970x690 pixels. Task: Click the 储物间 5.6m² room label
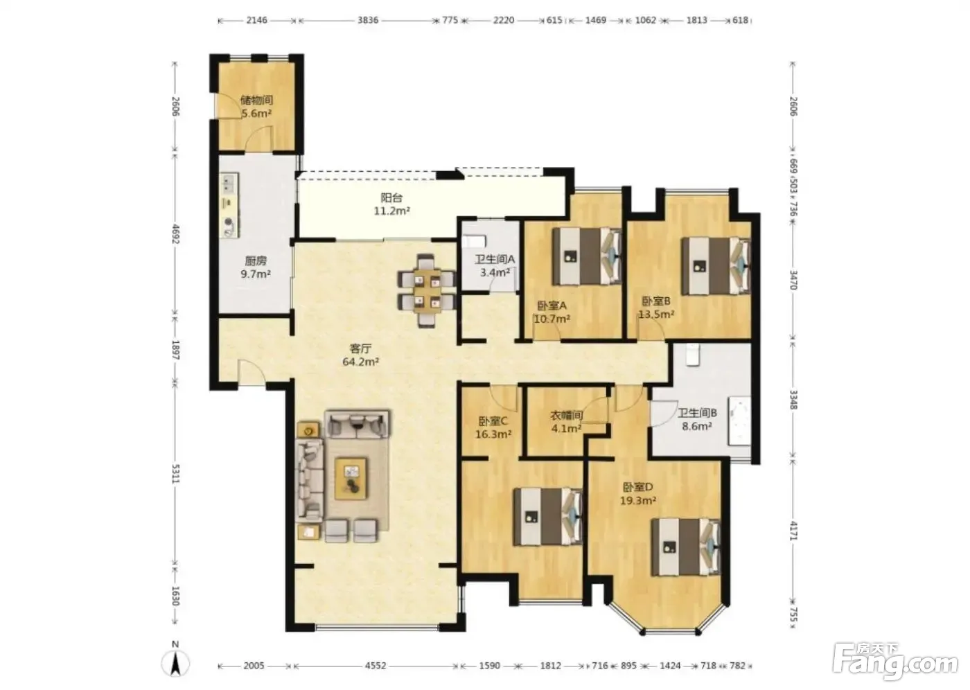point(256,107)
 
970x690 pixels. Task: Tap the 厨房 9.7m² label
point(256,267)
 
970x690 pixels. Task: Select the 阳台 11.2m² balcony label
point(392,204)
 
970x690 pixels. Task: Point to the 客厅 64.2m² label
point(361,355)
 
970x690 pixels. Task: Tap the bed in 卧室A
point(588,256)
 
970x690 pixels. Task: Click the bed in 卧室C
point(548,516)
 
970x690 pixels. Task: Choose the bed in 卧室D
point(686,547)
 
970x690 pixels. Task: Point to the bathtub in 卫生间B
point(740,421)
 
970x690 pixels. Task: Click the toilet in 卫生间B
point(693,355)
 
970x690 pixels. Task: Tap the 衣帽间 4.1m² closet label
point(567,422)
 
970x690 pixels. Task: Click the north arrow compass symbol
point(175,662)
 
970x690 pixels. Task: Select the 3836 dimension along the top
point(368,20)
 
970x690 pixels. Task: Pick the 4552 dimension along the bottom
point(375,666)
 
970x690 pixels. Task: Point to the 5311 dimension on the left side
point(175,474)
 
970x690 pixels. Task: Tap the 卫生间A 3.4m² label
point(495,266)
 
